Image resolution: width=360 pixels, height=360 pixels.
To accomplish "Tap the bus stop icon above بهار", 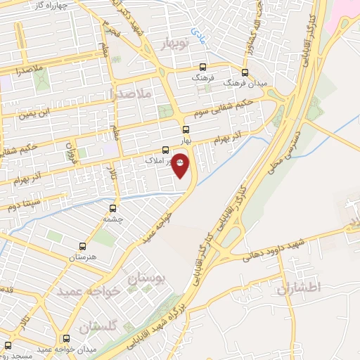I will click(186, 129).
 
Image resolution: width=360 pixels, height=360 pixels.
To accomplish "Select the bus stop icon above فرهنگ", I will click(202, 69).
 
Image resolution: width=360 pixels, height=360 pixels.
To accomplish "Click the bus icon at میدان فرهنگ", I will click(245, 72).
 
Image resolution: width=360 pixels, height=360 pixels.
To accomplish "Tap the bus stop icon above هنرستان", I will click(83, 246).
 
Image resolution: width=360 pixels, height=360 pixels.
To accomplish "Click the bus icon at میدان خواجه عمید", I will click(67, 337).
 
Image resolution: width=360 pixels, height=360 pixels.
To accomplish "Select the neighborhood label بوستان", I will click(146, 278).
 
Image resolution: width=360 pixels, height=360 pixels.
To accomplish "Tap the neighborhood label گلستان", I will click(97, 326).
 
